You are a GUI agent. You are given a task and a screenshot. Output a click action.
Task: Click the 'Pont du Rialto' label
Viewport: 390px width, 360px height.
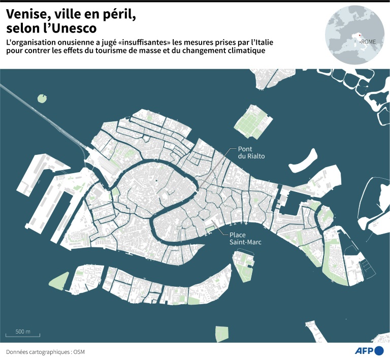(x=251, y=153)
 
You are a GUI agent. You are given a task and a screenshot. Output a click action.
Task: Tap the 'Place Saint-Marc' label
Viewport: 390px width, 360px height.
(x=245, y=239)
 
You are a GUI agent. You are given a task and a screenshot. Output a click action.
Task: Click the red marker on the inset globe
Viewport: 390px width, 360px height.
(x=360, y=36)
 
